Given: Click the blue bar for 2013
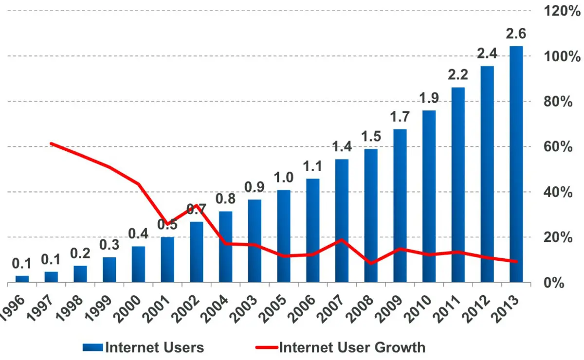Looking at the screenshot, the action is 516,164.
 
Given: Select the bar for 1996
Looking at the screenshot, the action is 22,279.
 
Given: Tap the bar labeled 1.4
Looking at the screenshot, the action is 342,221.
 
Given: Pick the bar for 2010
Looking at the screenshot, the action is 429,197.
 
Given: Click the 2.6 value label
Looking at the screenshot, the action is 516,34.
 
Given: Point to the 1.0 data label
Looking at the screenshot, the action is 284,178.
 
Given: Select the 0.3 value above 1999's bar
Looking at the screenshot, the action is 109,245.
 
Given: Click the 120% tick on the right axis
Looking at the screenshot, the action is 562,11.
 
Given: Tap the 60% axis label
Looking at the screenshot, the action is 558,147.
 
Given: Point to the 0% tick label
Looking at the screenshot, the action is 554,283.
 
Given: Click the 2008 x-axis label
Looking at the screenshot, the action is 360,309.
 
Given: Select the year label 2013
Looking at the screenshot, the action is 505,309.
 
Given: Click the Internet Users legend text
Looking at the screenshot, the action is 155,347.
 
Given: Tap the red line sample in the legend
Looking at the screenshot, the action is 267,347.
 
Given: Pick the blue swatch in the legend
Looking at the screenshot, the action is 93,347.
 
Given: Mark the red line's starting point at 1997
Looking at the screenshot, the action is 52,144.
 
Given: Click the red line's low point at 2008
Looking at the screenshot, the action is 371,263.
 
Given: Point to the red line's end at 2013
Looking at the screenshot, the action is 516,261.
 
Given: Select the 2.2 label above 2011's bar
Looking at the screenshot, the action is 458,75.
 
